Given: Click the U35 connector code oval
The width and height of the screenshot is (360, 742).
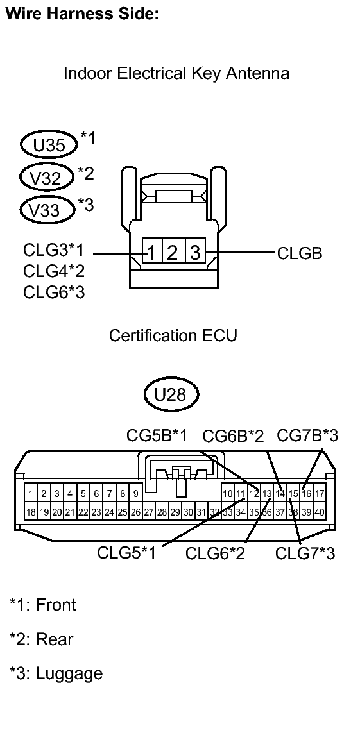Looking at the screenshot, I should [49, 145].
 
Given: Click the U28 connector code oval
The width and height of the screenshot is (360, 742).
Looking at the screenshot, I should [171, 394].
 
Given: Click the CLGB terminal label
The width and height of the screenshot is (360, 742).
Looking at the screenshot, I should [300, 253].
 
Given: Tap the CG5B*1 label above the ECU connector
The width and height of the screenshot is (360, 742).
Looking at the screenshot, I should [157, 436].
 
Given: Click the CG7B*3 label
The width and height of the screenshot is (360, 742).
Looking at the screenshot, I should [307, 436].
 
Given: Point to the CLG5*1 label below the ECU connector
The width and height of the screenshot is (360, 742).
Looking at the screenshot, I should [126, 553].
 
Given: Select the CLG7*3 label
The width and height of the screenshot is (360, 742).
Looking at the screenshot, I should [305, 553].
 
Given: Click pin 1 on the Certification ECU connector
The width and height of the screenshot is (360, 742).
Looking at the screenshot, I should [30, 493].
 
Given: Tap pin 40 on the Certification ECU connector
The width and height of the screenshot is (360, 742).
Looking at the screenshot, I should [320, 512].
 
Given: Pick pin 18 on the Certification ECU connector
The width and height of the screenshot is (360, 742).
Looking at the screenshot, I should [30, 512].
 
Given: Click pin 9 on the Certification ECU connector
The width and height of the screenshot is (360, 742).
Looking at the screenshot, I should [136, 493].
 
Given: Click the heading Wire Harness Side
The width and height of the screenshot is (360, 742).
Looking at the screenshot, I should [81, 13].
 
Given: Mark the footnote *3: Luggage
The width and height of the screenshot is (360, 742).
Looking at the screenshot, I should [56, 674].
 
